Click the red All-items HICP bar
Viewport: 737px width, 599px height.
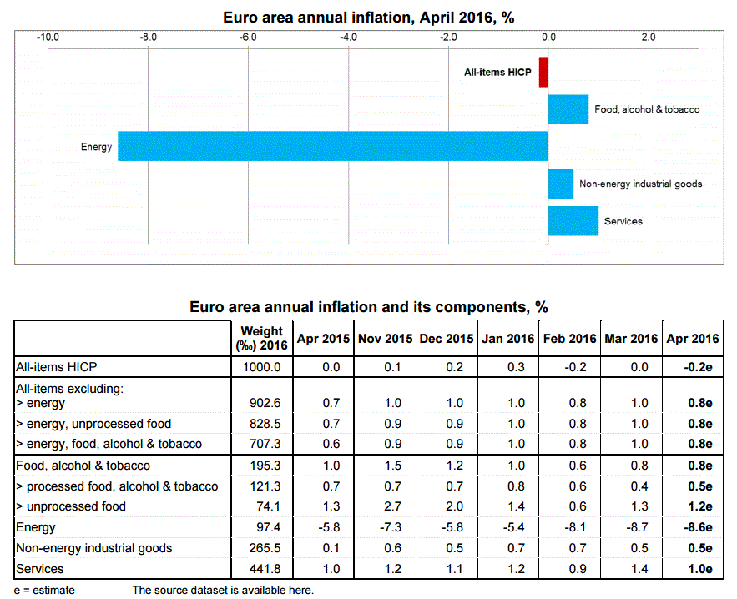[543, 72]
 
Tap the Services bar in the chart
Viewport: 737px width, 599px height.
[573, 220]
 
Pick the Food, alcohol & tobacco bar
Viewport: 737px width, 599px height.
[568, 109]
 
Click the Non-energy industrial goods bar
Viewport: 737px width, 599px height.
[560, 184]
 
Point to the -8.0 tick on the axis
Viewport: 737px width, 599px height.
[148, 37]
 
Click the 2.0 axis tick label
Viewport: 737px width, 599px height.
[647, 37]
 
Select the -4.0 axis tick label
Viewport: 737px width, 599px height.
[348, 37]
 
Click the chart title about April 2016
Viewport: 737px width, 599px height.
[368, 16]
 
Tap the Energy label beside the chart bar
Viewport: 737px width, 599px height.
[96, 147]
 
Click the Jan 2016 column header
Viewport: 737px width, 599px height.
[508, 338]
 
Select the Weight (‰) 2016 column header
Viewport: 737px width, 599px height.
[261, 338]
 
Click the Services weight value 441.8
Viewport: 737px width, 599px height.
[261, 569]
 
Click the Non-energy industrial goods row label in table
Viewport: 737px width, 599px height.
[94, 548]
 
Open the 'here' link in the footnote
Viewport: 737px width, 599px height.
[300, 591]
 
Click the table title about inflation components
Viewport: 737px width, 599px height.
[368, 307]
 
